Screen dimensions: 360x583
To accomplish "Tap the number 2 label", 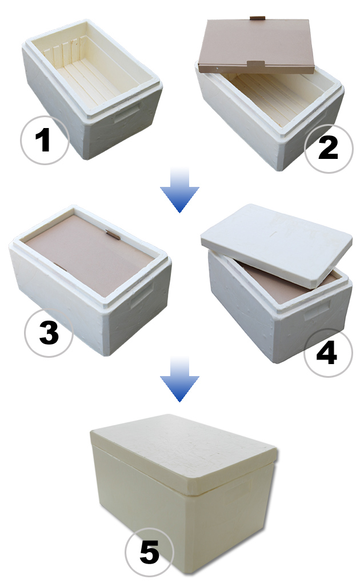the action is coord(328,147).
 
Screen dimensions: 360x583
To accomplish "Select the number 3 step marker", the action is coord(49,332).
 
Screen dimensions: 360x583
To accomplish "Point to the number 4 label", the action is coord(326,352).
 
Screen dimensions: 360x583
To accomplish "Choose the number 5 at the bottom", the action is coord(150,552).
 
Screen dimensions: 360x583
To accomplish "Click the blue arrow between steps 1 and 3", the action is coord(179,190).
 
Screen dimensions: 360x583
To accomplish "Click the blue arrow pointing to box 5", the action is coord(179,379).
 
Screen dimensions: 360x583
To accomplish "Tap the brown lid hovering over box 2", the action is coord(257,45).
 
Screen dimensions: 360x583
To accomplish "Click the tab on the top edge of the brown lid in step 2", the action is coord(257,18).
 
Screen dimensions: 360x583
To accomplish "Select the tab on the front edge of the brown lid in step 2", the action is coord(255,63).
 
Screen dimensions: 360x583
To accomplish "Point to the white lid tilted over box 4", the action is coord(277,245).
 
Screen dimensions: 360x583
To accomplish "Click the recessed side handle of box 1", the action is coord(127,113).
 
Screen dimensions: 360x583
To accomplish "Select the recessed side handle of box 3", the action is coord(142,297).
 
